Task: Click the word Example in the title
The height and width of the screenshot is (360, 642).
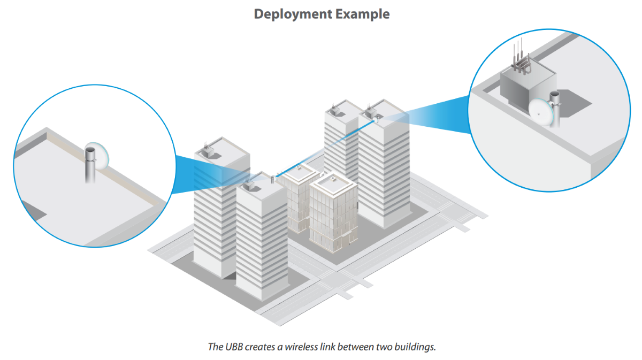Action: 363,14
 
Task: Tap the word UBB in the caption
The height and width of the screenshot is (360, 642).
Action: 234,347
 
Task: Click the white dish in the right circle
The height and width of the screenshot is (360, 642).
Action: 540,112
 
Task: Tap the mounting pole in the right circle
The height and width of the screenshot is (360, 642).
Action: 555,110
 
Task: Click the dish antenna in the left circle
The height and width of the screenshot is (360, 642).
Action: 101,156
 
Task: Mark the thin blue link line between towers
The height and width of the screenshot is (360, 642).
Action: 325,149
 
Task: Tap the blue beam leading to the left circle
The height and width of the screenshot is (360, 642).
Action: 213,174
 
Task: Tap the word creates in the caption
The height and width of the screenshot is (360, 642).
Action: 261,347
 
